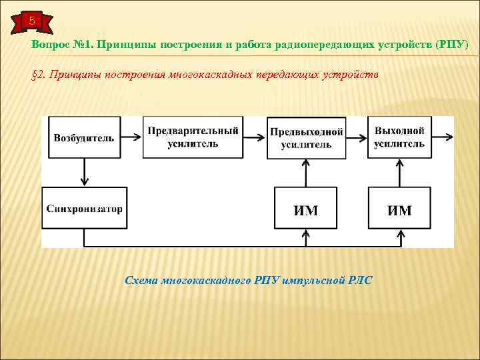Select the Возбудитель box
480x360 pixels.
83,138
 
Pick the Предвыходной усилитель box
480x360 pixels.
306,137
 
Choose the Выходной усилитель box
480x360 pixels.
399,137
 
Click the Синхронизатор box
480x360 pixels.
84,209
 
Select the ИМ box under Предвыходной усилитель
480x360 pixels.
306,209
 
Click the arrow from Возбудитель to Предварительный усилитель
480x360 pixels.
133,138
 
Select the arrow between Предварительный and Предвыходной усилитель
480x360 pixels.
253,138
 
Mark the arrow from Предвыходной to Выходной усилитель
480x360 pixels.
357,138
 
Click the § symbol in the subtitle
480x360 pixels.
35,75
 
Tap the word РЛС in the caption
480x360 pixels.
360,280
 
